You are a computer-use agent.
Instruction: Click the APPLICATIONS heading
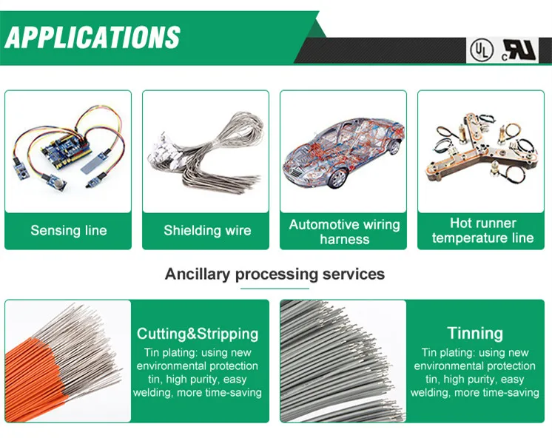(92, 36)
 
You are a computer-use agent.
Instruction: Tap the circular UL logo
(480, 50)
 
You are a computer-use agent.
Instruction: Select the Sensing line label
(68, 230)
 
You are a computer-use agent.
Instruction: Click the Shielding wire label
(206, 230)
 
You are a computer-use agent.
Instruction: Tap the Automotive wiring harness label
(344, 232)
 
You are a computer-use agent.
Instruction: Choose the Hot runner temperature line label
(482, 230)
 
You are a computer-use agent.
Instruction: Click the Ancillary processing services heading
(275, 274)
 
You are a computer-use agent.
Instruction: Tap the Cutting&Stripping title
(198, 333)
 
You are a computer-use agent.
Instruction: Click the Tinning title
(474, 333)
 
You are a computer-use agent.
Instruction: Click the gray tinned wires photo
(343, 361)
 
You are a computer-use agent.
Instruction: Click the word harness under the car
(344, 239)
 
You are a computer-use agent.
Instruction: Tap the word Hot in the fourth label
(462, 223)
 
